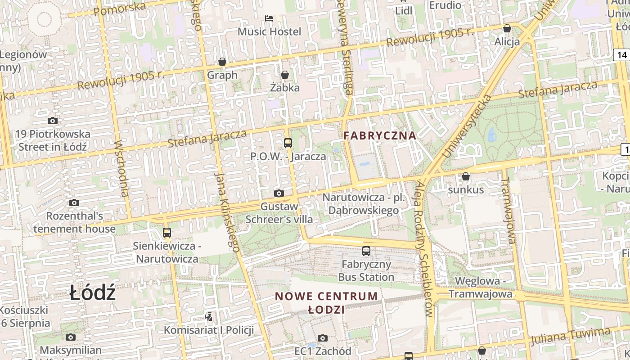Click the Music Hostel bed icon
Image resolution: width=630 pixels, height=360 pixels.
coord(269,18)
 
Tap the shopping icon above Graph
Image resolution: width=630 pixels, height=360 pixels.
coord(222,62)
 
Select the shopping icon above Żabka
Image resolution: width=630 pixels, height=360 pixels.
coord(284,74)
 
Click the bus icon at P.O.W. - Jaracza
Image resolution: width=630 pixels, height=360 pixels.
coord(288,143)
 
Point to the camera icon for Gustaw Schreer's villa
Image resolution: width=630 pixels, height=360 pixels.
coord(279,193)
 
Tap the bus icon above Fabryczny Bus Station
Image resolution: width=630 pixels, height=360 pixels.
coord(366,251)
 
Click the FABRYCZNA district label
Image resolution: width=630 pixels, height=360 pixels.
coord(380,135)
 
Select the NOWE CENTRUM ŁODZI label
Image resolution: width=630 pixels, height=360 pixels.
coord(327,302)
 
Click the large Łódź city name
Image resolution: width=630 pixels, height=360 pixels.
coord(93,293)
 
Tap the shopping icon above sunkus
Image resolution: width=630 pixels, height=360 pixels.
coord(466,176)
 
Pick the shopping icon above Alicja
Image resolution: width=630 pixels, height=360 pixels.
coord(507,28)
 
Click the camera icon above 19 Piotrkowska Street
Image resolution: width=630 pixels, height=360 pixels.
coord(53,121)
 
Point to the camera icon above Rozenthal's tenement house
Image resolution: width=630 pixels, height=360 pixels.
coord(74,202)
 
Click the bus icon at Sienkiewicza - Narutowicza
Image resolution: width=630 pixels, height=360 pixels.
coord(167,233)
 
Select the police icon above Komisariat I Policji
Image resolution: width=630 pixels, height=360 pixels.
coord(208,317)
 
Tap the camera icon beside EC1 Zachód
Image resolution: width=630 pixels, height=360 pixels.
coord(323,338)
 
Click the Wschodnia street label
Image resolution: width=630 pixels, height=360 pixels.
coord(121,168)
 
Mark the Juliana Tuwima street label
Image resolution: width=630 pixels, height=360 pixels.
coord(570,336)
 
